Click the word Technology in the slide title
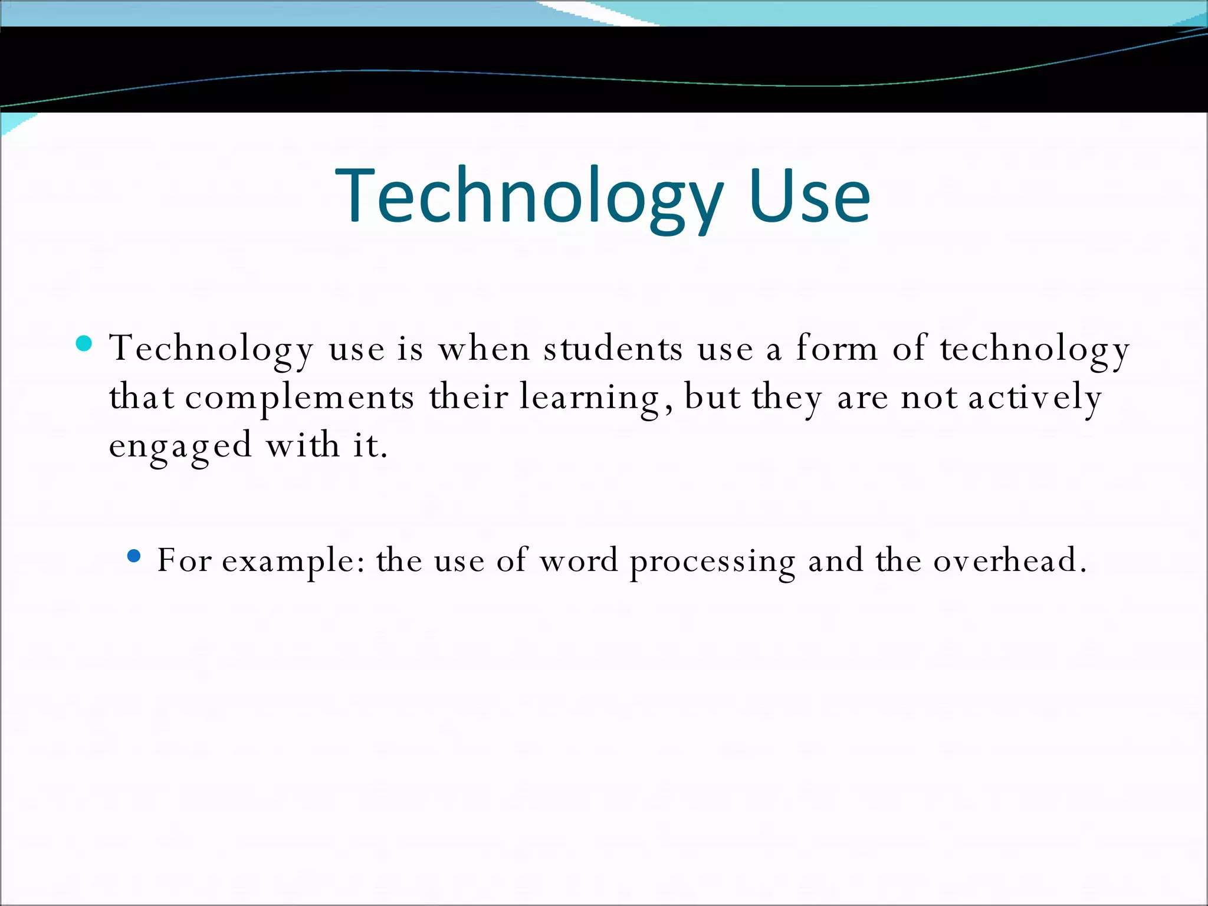pyautogui.click(x=528, y=197)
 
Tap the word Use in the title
pyautogui.click(x=809, y=197)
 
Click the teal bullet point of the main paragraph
pyautogui.click(x=84, y=343)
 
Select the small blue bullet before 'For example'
pyautogui.click(x=134, y=556)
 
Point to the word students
pyautogui.click(x=613, y=349)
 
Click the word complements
pyautogui.click(x=299, y=398)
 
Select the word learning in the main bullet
pyautogui.click(x=590, y=398)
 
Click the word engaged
pyautogui.click(x=180, y=446)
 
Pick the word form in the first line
pyautogui.click(x=836, y=349)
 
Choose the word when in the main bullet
pyautogui.click(x=484, y=349)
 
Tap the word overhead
pyautogui.click(x=1009, y=560)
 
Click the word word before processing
pyautogui.click(x=579, y=560)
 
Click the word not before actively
pyautogui.click(x=930, y=398)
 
